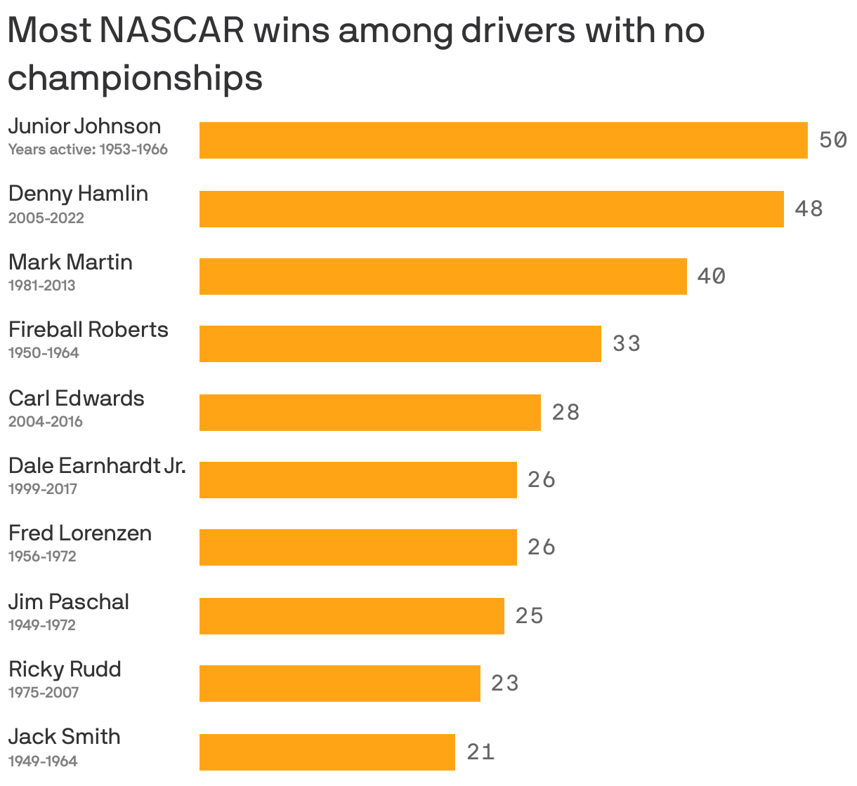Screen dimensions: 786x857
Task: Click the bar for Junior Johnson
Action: (503, 140)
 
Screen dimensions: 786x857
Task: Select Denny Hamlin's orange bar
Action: (491, 209)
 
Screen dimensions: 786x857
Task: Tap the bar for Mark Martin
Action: (443, 277)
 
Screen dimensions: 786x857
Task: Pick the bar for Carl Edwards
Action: (369, 413)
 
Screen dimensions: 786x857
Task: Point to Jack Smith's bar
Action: (327, 752)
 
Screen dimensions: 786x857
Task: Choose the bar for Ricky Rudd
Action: (339, 684)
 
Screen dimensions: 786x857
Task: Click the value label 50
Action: (832, 140)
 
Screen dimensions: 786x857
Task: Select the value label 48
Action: (809, 209)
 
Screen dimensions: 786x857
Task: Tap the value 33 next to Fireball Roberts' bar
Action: (627, 344)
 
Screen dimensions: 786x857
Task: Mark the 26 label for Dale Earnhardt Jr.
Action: (542, 480)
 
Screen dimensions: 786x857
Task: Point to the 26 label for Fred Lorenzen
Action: (542, 547)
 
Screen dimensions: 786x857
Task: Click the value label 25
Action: (530, 616)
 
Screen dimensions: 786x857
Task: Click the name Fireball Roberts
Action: (89, 330)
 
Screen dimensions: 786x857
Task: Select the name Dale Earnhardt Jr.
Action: (97, 466)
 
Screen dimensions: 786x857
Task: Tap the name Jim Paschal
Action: (69, 602)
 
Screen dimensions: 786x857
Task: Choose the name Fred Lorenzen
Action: (80, 533)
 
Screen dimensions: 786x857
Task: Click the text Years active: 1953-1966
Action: (88, 149)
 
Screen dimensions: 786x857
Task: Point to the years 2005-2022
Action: (46, 218)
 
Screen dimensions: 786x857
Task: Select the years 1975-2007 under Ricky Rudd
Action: (44, 693)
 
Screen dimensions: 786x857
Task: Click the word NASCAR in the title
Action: (173, 32)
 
